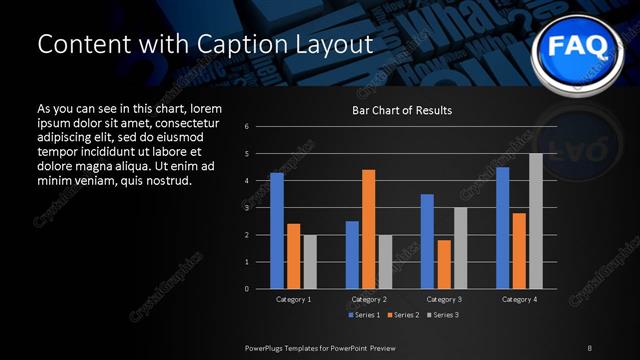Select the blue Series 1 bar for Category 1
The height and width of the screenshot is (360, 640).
tap(277, 231)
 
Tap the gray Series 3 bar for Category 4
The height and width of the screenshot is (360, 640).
tap(536, 221)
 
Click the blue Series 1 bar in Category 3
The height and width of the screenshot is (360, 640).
tap(427, 241)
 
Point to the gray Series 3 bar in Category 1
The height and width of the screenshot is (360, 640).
tap(310, 262)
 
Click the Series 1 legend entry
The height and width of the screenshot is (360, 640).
tap(365, 315)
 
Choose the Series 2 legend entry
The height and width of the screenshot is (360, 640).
tap(402, 315)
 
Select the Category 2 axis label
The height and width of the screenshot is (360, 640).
tap(369, 299)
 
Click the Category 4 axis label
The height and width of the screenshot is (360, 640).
tap(519, 299)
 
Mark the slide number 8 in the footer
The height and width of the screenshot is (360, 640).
tap(589, 347)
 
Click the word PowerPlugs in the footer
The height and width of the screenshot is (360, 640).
tap(265, 347)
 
